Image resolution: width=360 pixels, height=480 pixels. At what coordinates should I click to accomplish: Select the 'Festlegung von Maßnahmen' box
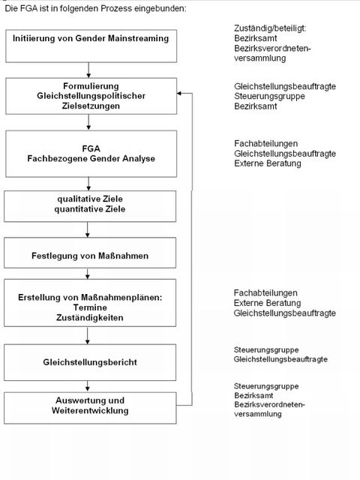coord(89,256)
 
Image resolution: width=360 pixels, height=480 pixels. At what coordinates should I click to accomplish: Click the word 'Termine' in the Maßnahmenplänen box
coord(89,307)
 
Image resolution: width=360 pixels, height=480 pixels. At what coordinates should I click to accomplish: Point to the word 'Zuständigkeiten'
coord(89,318)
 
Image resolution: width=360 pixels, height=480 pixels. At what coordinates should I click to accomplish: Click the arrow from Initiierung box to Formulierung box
coord(89,70)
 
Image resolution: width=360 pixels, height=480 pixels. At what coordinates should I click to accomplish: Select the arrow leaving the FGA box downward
coord(89,183)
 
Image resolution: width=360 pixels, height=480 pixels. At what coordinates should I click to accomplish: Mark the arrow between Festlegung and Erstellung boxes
coord(89,274)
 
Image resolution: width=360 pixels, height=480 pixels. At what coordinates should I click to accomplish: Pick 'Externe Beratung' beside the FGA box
coord(266,163)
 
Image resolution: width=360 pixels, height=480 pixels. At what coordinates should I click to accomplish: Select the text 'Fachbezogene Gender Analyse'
coord(89,159)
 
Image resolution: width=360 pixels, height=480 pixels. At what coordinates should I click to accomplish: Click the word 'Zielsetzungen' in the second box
coord(89,106)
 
